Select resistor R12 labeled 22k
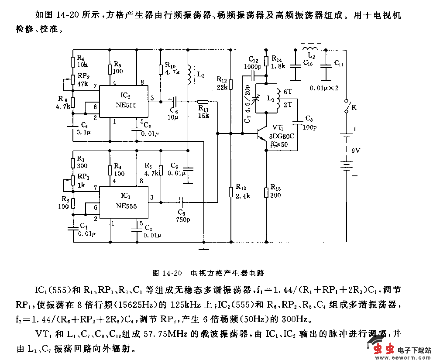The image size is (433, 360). pyautogui.click(x=231, y=84)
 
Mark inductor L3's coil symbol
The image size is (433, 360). pyautogui.click(x=189, y=75)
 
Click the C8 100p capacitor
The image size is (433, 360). pyautogui.click(x=298, y=123)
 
